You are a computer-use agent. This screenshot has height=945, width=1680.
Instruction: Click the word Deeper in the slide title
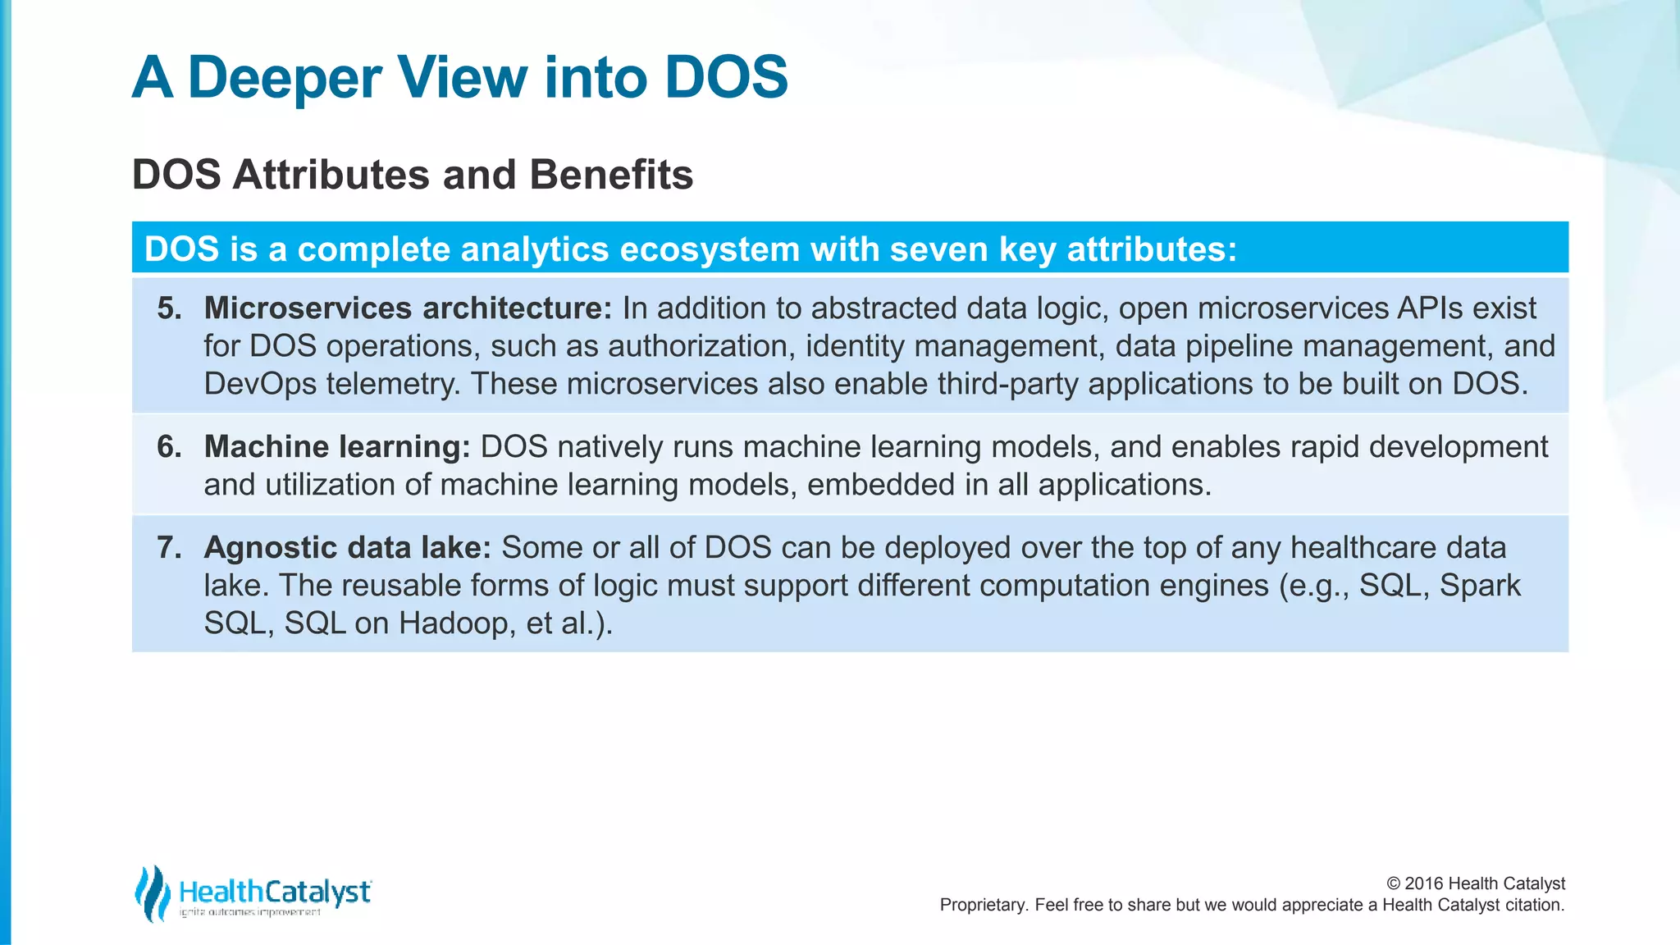(284, 78)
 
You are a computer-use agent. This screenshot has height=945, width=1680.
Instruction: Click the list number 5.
(170, 308)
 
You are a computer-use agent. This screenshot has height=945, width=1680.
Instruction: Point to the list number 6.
(170, 447)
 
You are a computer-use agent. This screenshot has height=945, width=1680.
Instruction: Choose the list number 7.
(170, 548)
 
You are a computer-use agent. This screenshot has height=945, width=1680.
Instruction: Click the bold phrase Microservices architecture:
(408, 308)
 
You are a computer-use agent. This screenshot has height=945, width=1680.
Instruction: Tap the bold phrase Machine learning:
(336, 447)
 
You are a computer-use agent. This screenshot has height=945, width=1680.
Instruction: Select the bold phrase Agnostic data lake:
(347, 548)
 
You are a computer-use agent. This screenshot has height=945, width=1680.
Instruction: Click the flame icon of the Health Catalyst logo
(152, 893)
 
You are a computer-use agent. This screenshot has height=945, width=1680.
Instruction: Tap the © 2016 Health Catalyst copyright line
(1475, 883)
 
